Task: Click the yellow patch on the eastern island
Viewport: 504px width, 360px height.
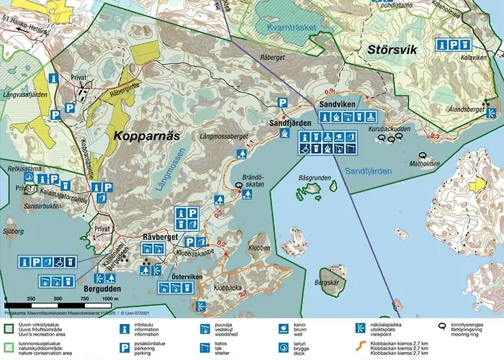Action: (x=477, y=184)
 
